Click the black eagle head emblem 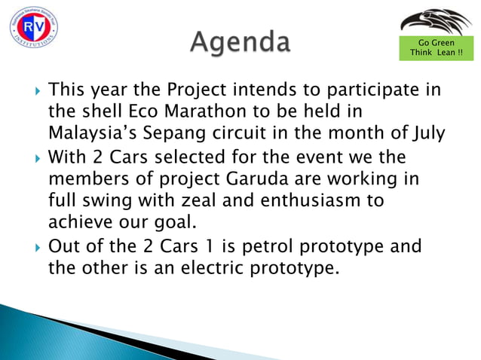[x=435, y=23]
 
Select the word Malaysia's [x=94, y=136]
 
